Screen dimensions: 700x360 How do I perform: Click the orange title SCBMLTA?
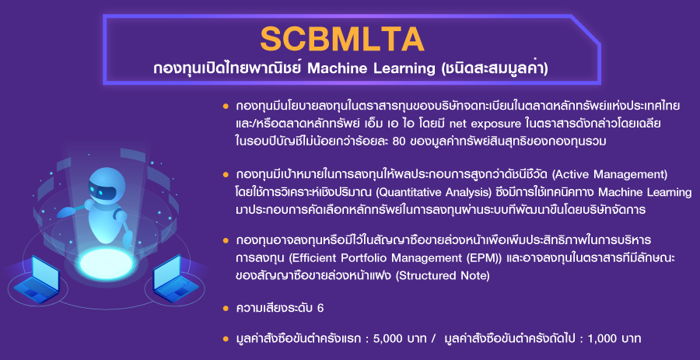[x=342, y=39]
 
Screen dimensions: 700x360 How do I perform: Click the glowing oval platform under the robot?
[x=107, y=264]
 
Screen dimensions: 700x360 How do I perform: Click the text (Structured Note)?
[x=443, y=276]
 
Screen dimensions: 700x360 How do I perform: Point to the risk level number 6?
[x=320, y=309]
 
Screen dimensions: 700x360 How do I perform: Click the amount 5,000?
[x=390, y=338]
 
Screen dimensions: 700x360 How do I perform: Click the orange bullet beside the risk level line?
[x=226, y=308]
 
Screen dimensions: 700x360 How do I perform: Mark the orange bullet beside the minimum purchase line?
[x=226, y=338]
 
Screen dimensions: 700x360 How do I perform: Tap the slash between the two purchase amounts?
[x=433, y=338]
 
